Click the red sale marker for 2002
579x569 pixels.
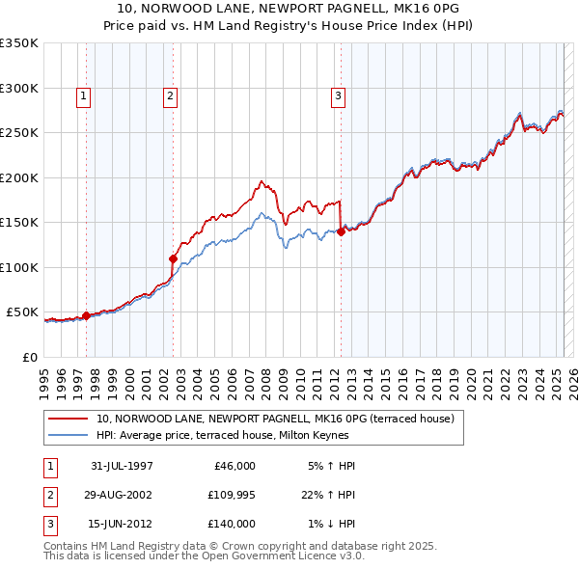click(x=173, y=258)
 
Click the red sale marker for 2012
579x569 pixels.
click(x=341, y=231)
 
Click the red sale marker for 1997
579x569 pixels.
click(x=86, y=315)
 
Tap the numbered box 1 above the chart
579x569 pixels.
click(x=85, y=95)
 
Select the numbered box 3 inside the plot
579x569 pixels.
click(x=339, y=95)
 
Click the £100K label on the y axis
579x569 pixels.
click(x=19, y=267)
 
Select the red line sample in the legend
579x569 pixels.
click(x=69, y=419)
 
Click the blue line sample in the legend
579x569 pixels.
click(x=69, y=435)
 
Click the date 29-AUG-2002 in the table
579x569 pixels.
click(x=120, y=495)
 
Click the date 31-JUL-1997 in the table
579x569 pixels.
click(x=121, y=466)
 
